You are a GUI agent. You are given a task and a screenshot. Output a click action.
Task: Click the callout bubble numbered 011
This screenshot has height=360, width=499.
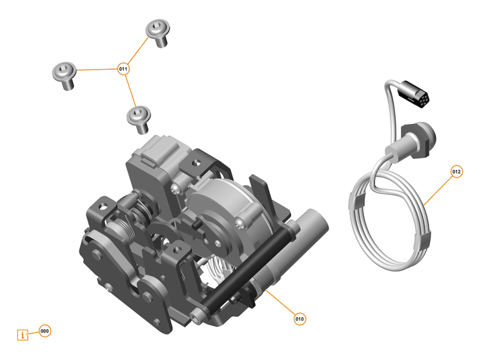(x=123, y=68)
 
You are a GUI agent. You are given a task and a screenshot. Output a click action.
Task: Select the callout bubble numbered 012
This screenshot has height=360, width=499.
(x=456, y=172)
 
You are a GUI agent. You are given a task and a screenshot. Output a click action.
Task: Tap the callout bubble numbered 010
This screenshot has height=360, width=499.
(x=300, y=319)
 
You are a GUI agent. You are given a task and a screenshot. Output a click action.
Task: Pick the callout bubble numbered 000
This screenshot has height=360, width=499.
(x=45, y=331)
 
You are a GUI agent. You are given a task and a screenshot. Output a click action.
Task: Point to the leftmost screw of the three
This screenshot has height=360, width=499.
(x=64, y=75)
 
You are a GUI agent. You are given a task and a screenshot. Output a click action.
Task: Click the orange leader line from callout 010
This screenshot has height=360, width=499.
(x=281, y=304)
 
